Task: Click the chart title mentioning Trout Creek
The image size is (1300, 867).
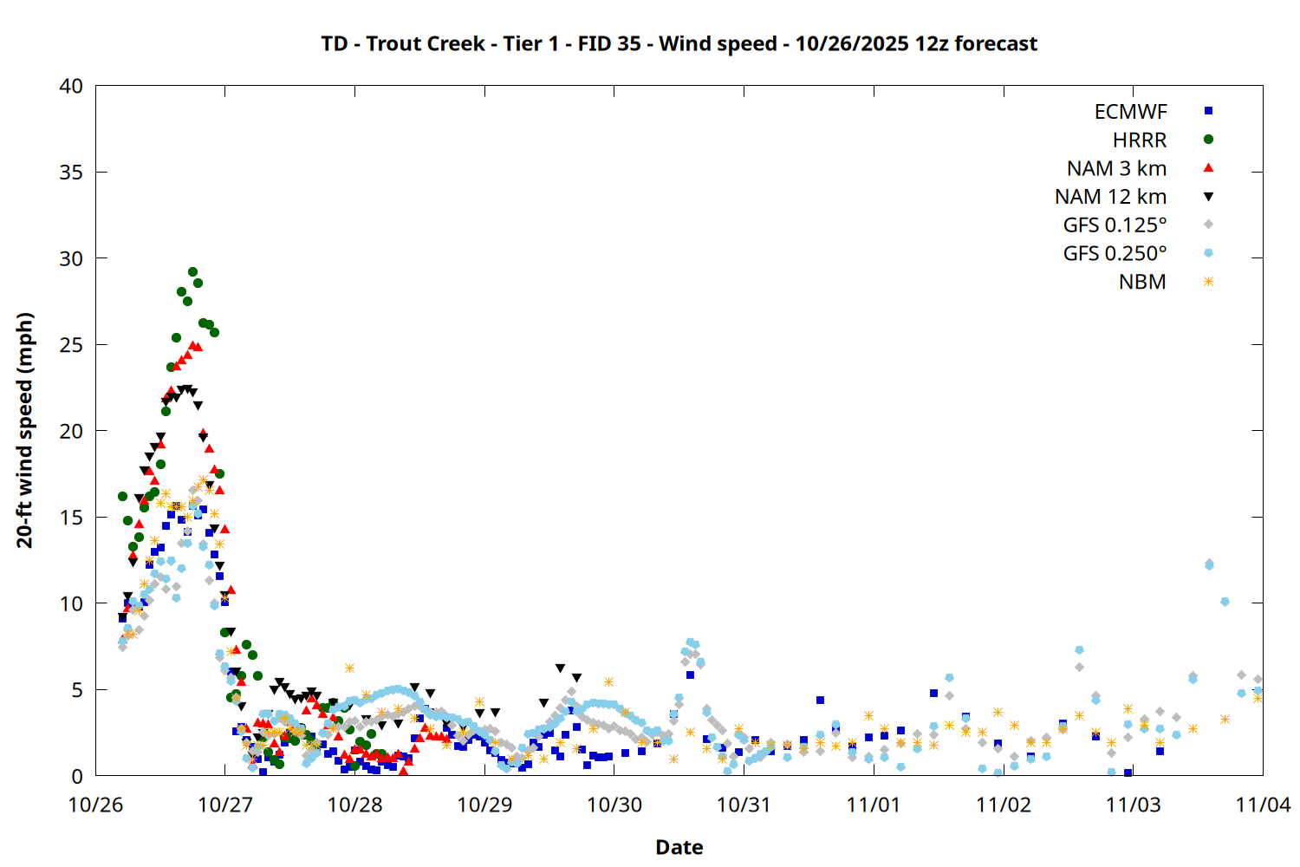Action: [679, 43]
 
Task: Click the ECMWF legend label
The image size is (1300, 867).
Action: [1130, 112]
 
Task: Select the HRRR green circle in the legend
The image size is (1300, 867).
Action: [1208, 140]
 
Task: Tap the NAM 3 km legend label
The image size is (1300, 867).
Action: [1116, 168]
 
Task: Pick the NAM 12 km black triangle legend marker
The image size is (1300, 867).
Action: [1208, 197]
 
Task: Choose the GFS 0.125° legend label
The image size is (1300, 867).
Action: [1115, 225]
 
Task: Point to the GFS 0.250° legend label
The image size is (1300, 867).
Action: [1115, 254]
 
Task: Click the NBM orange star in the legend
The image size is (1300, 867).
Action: [1208, 282]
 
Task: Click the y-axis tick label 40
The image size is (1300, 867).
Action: [72, 86]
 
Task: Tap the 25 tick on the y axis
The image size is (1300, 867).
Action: [72, 345]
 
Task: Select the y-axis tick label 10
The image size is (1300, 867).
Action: [72, 603]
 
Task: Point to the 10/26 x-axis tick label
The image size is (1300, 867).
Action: [95, 805]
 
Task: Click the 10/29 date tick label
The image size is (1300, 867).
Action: [484, 805]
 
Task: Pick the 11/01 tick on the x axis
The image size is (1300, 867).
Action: [874, 805]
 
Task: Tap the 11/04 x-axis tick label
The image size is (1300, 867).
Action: [1263, 805]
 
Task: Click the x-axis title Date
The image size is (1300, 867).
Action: [679, 847]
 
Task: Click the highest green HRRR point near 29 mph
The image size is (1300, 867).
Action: [192, 272]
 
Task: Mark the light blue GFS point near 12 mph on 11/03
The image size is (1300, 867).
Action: [1209, 564]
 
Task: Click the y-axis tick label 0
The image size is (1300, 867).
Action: [77, 776]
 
